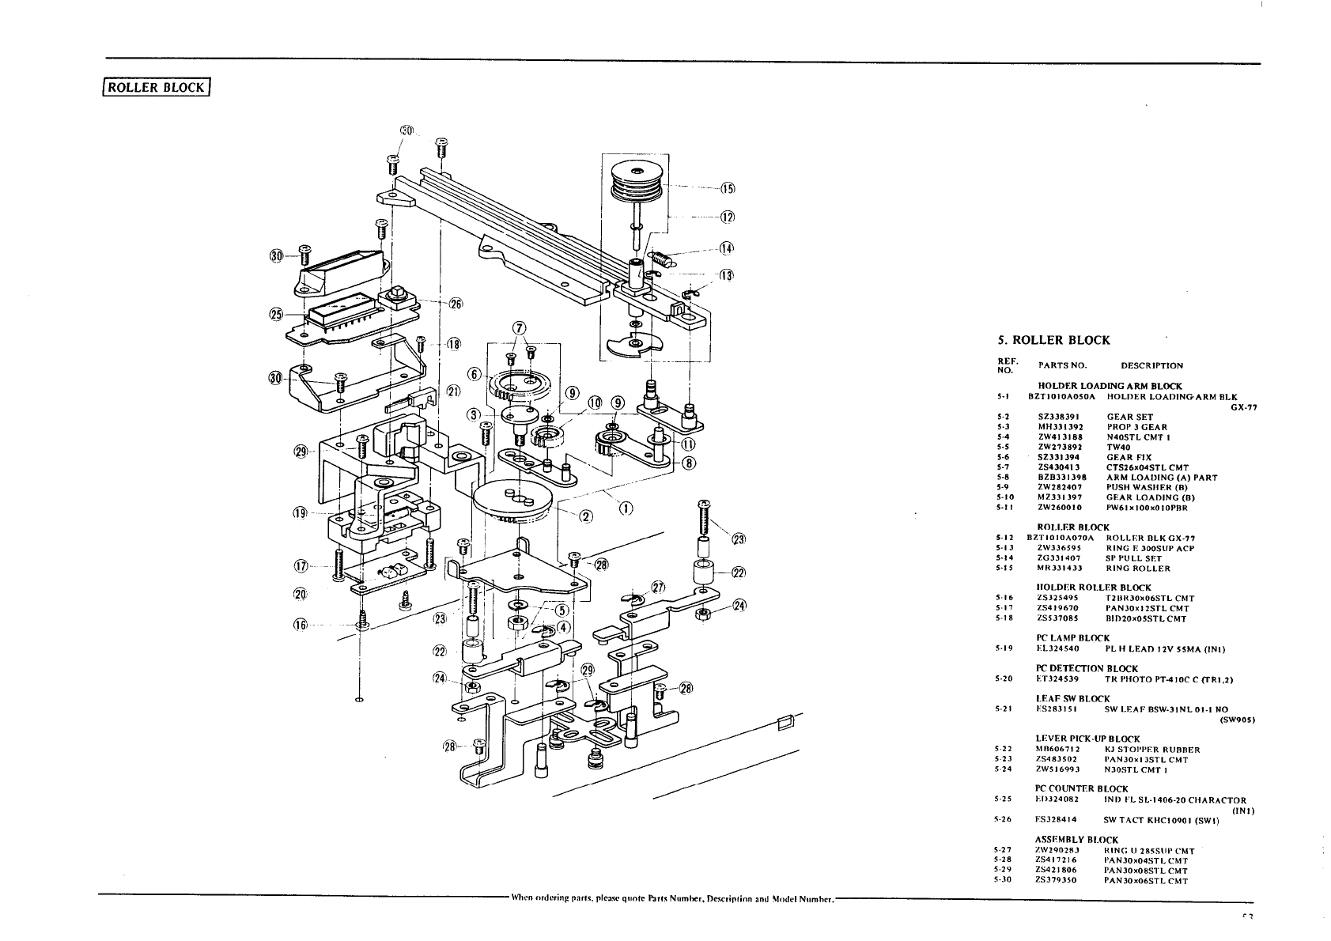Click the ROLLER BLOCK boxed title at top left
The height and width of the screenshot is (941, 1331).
(x=158, y=87)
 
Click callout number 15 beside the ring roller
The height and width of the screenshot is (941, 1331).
(x=728, y=188)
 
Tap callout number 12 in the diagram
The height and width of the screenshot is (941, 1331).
(x=728, y=217)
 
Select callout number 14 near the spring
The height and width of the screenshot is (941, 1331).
(x=727, y=248)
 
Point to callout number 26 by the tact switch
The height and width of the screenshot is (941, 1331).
(x=456, y=304)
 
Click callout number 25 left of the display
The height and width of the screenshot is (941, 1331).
(x=276, y=314)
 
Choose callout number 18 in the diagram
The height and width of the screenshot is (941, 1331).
(x=453, y=344)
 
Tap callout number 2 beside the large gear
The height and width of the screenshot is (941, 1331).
(x=586, y=517)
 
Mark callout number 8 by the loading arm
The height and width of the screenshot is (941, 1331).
(x=689, y=463)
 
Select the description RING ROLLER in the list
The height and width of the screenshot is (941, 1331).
(x=1138, y=568)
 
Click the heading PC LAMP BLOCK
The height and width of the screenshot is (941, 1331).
(x=1072, y=637)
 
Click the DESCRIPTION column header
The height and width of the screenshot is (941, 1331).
(x=1151, y=365)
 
